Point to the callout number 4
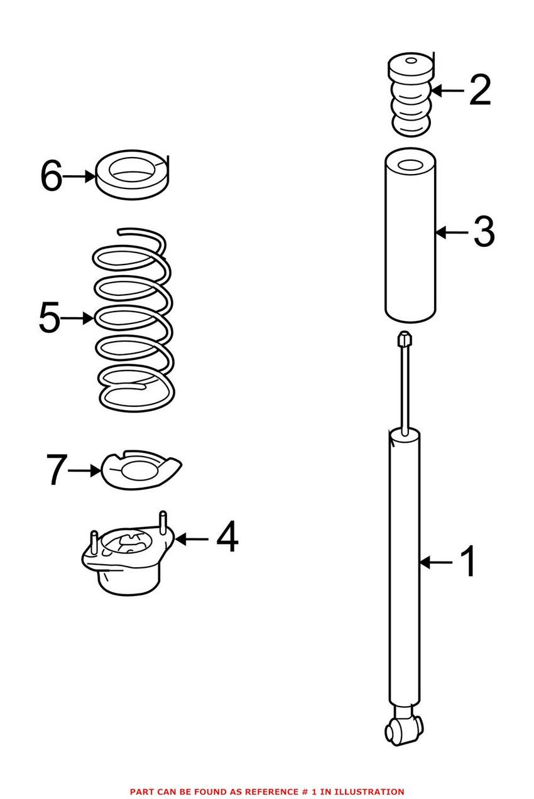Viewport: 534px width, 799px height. [x=227, y=538]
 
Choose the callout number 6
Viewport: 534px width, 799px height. [x=51, y=176]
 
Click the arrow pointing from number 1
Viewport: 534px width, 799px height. [x=435, y=562]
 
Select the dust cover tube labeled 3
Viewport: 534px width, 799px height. [x=410, y=239]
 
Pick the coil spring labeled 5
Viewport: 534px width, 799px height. [x=133, y=320]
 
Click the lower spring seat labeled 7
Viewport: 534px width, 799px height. [x=141, y=469]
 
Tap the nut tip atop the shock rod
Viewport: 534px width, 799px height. [x=405, y=340]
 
